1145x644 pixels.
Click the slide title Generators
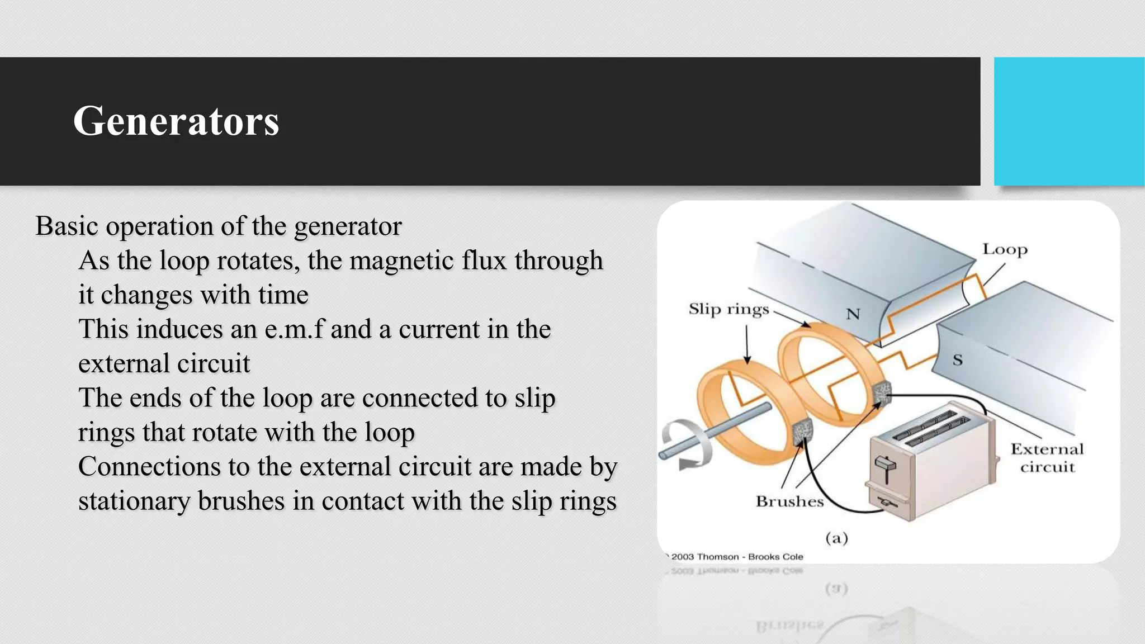[176, 121]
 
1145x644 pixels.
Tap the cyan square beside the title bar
[1068, 121]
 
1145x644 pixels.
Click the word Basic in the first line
[67, 226]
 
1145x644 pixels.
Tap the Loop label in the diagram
[1005, 249]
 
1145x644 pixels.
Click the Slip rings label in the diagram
[728, 309]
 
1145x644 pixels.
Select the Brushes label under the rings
[789, 501]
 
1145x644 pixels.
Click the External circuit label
[1047, 458]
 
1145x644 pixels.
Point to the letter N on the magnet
[853, 314]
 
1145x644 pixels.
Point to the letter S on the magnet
[958, 360]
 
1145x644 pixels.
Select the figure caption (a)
[836, 538]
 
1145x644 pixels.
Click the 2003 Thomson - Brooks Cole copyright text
[736, 557]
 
